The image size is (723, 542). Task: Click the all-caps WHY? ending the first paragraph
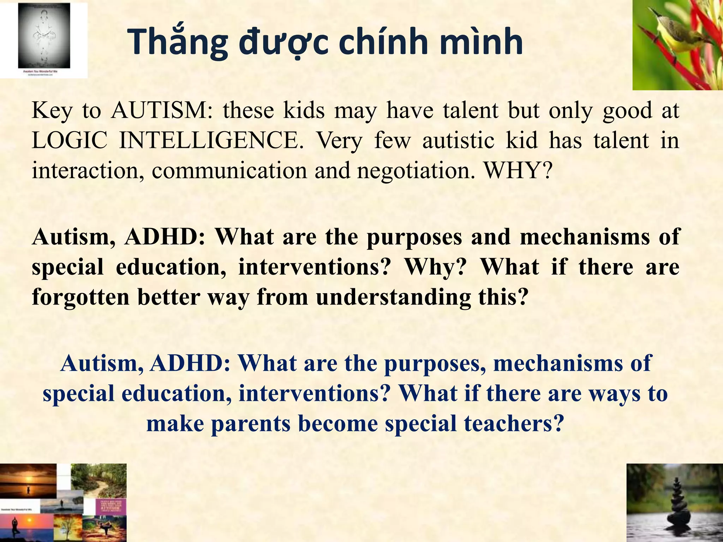pyautogui.click(x=518, y=170)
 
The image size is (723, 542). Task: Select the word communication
pyautogui.click(x=229, y=170)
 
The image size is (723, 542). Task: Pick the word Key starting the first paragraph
pyautogui.click(x=52, y=111)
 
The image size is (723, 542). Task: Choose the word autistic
pyautogui.click(x=459, y=140)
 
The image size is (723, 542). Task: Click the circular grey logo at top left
pyautogui.click(x=44, y=35)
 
